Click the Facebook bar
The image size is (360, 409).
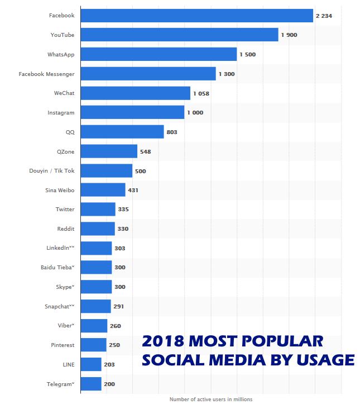point(196,16)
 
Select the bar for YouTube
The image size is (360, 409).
point(179,35)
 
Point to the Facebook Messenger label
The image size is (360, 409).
point(46,74)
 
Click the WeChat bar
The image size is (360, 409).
point(136,93)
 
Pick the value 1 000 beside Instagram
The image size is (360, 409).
point(195,113)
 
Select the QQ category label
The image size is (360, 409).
point(70,132)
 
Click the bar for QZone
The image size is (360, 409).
point(109,151)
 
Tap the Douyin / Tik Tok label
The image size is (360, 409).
point(51,171)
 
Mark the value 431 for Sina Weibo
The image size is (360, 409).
point(133,191)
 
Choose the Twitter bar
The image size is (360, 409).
point(98,210)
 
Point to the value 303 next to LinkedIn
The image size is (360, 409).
point(119,248)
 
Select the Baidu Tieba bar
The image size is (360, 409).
point(96,268)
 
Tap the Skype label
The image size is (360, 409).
point(63,287)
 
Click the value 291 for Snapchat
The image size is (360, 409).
point(118,307)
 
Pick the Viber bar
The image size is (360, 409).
point(94,326)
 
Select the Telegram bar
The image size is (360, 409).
point(91,384)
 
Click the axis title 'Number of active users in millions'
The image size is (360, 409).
point(211,400)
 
